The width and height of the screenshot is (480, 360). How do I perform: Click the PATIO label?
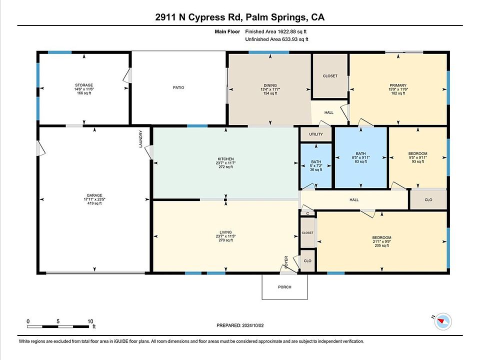(178, 87)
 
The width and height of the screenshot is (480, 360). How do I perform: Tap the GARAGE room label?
(94, 195)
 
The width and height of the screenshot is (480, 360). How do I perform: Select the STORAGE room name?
(84, 85)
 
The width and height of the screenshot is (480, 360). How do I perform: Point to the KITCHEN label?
(225, 159)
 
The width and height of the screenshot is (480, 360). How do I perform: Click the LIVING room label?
(225, 232)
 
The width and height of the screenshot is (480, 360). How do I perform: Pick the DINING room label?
(270, 85)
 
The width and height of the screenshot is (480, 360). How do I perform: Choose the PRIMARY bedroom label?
(398, 85)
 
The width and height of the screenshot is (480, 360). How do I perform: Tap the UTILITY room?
(316, 134)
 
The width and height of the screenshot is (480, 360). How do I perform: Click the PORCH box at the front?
(284, 287)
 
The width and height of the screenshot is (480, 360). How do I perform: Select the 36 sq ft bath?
(316, 165)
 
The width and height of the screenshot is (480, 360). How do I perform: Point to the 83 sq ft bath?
(361, 157)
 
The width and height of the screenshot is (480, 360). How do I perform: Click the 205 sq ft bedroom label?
(381, 237)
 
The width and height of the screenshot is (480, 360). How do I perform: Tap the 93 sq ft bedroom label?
(418, 153)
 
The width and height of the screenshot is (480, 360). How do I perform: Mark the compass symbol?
(442, 321)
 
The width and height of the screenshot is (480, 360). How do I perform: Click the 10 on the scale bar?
(90, 321)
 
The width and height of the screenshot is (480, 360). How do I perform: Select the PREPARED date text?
(240, 325)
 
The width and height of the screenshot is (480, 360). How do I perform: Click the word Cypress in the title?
(206, 17)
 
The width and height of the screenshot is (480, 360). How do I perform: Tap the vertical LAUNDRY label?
(141, 139)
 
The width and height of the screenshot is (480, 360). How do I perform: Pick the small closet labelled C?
(307, 213)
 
